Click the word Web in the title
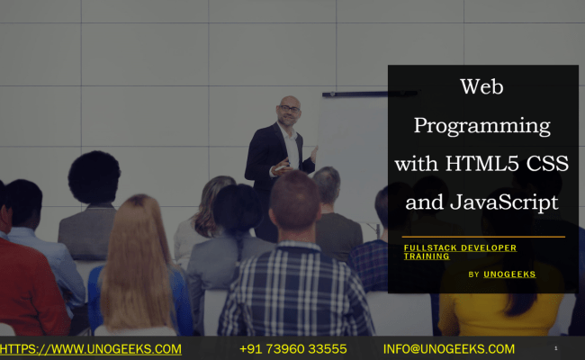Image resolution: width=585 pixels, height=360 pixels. pos(481,87)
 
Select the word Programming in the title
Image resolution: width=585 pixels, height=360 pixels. pos(481,126)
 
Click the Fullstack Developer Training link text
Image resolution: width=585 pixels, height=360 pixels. pos(459,251)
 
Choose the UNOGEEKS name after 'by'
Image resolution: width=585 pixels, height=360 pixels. pos(509,274)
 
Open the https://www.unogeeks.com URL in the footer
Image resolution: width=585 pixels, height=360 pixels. pos(90,349)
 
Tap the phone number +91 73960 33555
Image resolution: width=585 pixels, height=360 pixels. pos(293,349)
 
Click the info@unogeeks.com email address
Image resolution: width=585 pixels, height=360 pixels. pos(449,349)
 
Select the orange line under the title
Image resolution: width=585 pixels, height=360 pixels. pos(483,237)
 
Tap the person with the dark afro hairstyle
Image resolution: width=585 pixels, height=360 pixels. pos(94,180)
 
